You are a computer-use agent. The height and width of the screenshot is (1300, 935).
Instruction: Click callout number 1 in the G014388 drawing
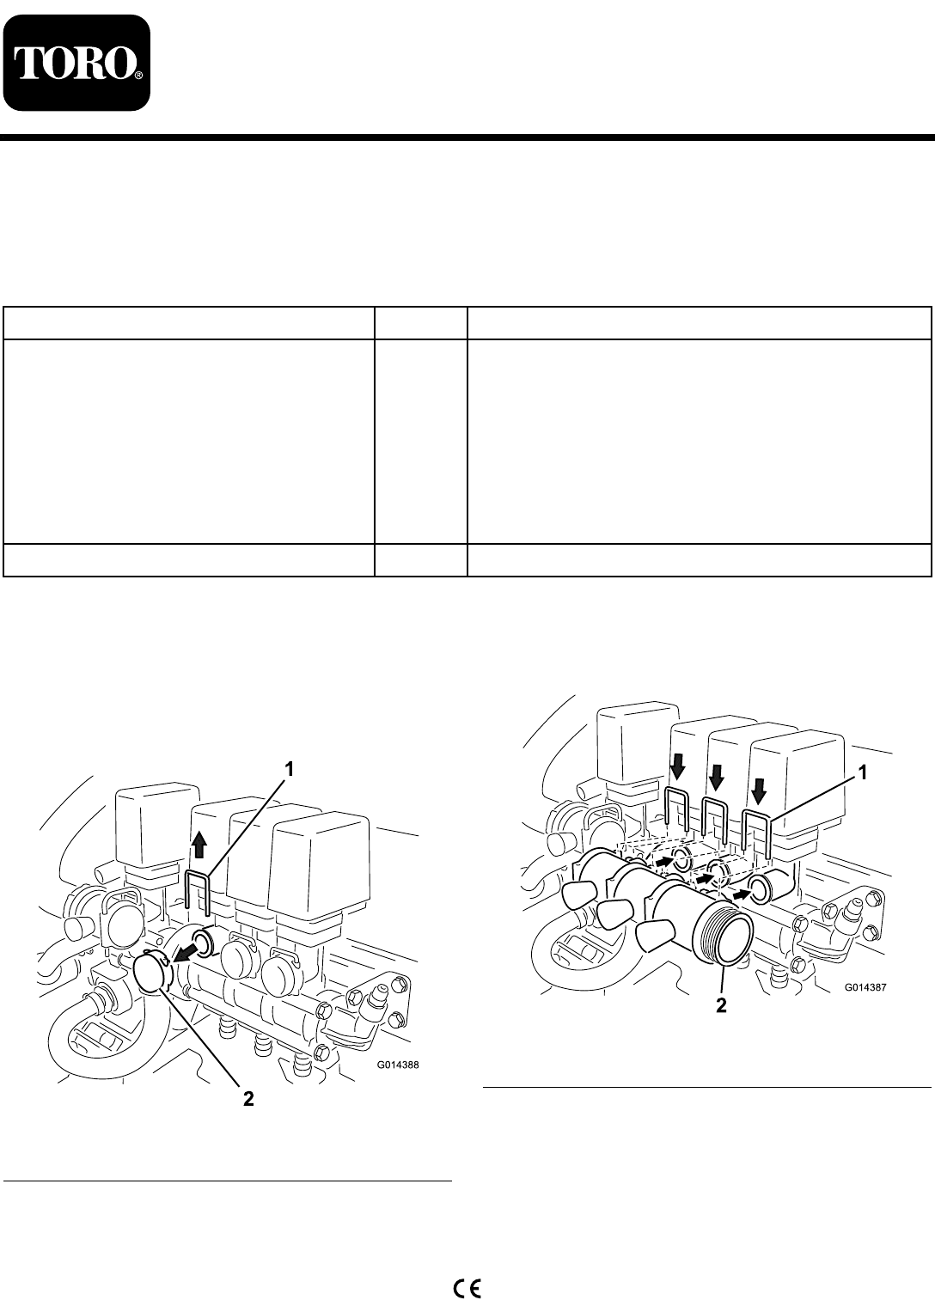(x=289, y=770)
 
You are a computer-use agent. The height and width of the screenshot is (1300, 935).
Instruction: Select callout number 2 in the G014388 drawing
(x=248, y=1098)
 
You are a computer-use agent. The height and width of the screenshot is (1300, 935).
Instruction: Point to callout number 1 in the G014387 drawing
(x=863, y=772)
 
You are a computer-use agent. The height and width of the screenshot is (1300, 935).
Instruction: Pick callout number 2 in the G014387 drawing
(x=721, y=1005)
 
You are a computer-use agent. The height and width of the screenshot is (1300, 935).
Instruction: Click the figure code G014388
(x=398, y=1065)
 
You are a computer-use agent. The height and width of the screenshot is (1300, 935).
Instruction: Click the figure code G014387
(x=865, y=986)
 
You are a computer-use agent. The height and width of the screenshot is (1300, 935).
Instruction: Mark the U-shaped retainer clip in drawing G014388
(x=198, y=893)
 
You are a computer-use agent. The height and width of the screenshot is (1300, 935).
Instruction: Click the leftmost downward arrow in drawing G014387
(x=677, y=769)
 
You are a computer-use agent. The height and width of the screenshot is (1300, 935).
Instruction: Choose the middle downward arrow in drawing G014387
(x=717, y=776)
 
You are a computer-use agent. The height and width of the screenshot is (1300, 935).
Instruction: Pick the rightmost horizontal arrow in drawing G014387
(x=740, y=894)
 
